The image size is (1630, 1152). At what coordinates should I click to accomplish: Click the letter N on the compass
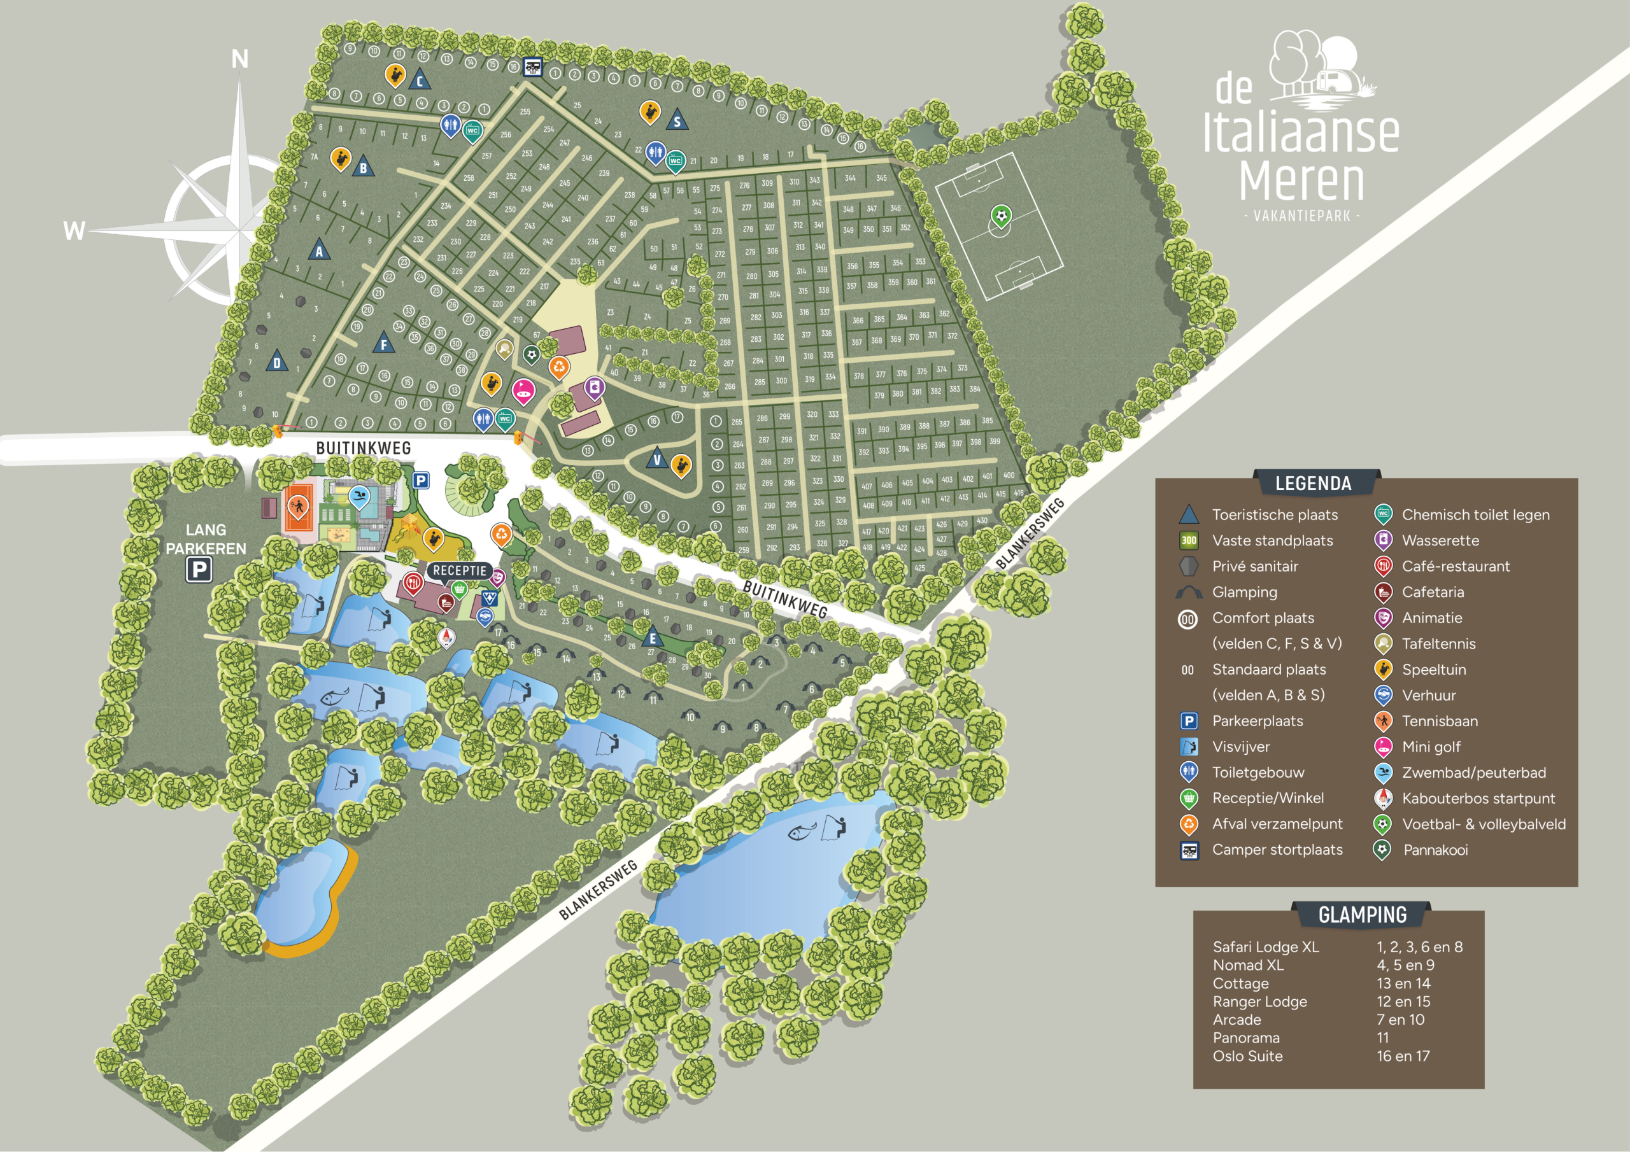tap(240, 60)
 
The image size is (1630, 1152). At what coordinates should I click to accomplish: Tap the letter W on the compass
tap(74, 230)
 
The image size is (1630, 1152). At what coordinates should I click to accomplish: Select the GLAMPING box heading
tap(1362, 915)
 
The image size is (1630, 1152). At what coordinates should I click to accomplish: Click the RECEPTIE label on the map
tap(459, 571)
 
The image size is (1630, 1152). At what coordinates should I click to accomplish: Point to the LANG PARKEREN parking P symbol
tap(199, 569)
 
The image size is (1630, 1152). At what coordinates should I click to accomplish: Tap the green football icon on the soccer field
tap(1000, 215)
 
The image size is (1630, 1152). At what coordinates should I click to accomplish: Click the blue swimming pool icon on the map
tap(359, 495)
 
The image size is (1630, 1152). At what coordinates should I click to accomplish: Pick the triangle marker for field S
tap(677, 121)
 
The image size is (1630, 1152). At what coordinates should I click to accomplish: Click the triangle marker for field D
tap(277, 362)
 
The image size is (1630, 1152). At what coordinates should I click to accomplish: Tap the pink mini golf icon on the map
tap(523, 390)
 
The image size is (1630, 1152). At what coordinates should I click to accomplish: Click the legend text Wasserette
tap(1440, 541)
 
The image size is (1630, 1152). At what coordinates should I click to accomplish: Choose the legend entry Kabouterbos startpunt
tap(1478, 799)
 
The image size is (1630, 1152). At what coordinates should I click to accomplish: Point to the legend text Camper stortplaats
tap(1277, 850)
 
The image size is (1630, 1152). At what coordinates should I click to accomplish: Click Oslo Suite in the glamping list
tap(1247, 1056)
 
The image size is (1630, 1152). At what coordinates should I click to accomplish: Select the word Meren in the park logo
tap(1301, 181)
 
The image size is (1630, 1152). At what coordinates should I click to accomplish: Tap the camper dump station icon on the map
tap(532, 67)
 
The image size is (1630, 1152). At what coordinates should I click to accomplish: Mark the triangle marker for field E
tap(653, 638)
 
